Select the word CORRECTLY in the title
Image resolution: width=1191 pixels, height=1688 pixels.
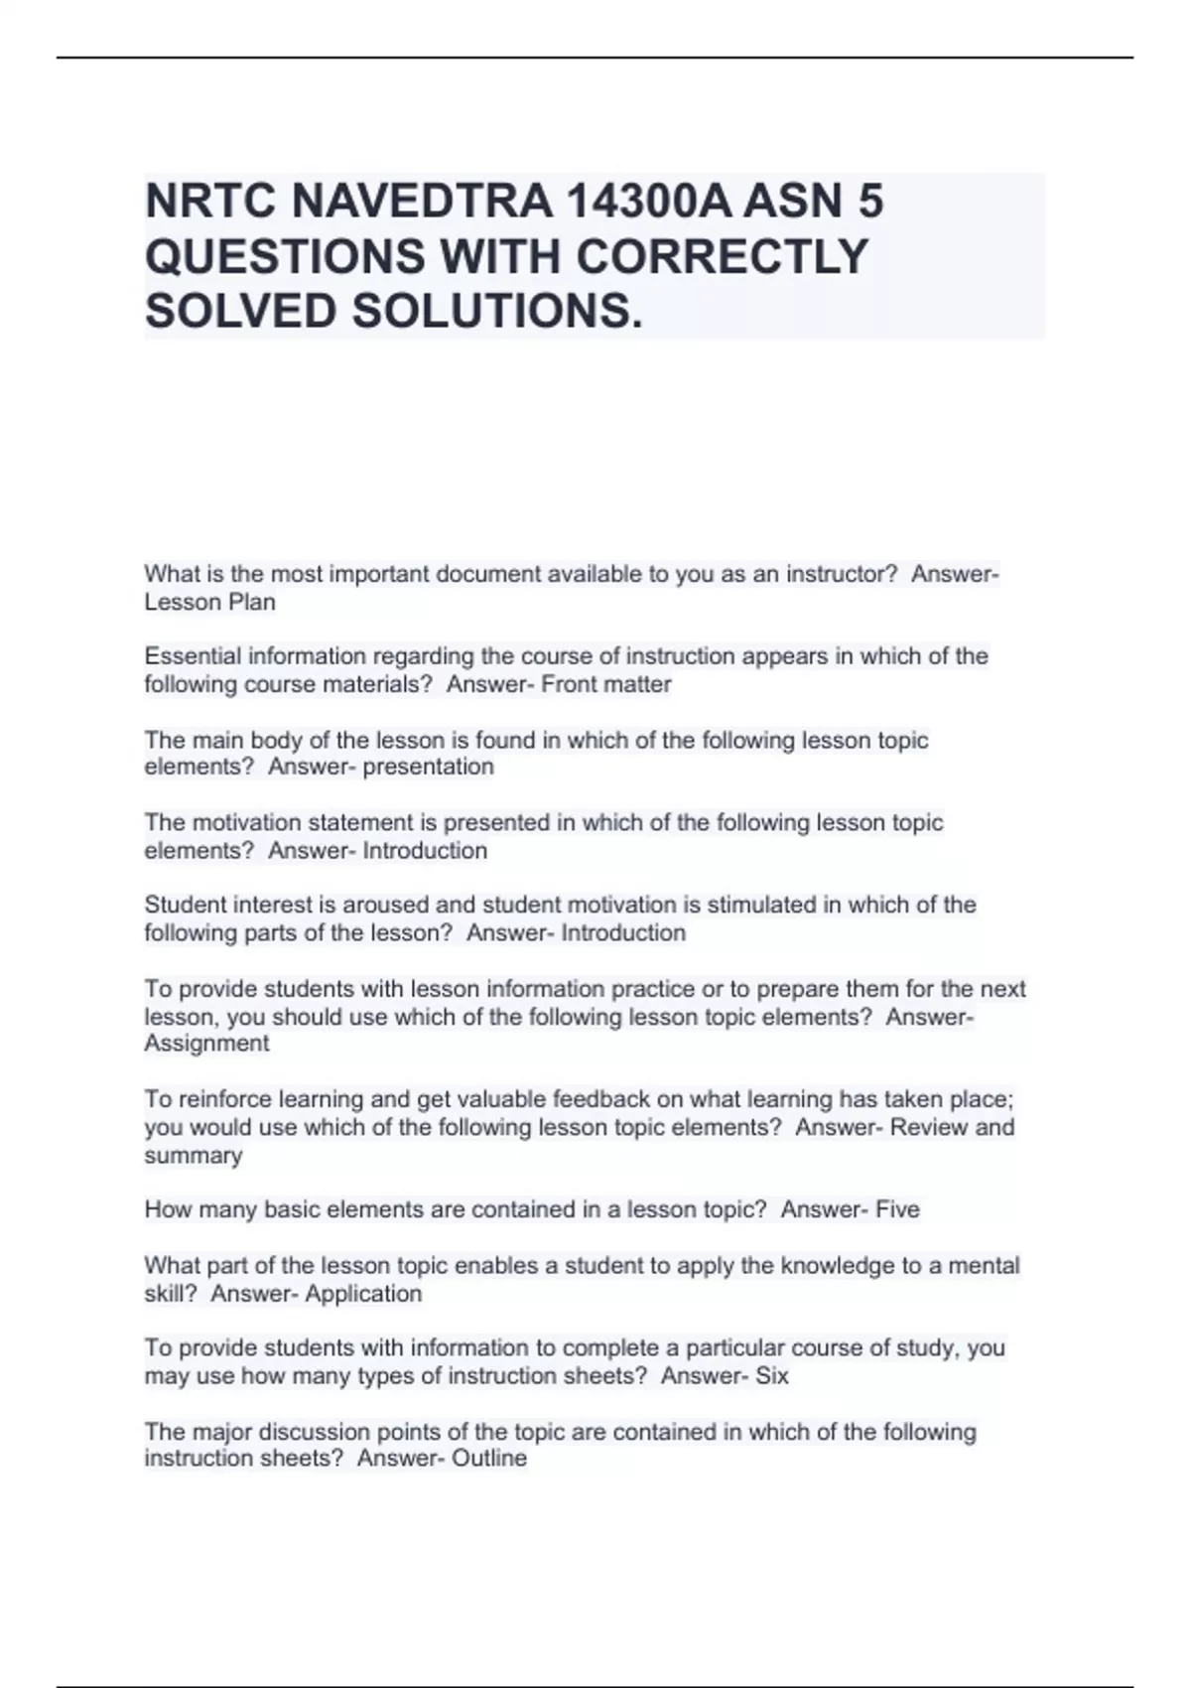click(x=722, y=256)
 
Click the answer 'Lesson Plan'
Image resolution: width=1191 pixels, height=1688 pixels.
click(x=209, y=602)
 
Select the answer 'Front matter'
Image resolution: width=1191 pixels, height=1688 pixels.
click(x=606, y=684)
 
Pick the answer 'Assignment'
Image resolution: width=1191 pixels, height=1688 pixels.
click(x=206, y=1044)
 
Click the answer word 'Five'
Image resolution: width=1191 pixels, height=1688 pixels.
click(x=897, y=1209)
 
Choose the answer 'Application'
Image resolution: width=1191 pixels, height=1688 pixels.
click(x=363, y=1294)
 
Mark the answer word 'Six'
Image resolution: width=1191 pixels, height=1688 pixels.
click(x=772, y=1376)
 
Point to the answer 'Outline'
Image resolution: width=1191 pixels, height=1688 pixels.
click(x=488, y=1459)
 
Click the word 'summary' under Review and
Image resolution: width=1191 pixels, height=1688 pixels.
click(x=193, y=1156)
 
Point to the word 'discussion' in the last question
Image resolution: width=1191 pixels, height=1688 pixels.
click(x=320, y=1432)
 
